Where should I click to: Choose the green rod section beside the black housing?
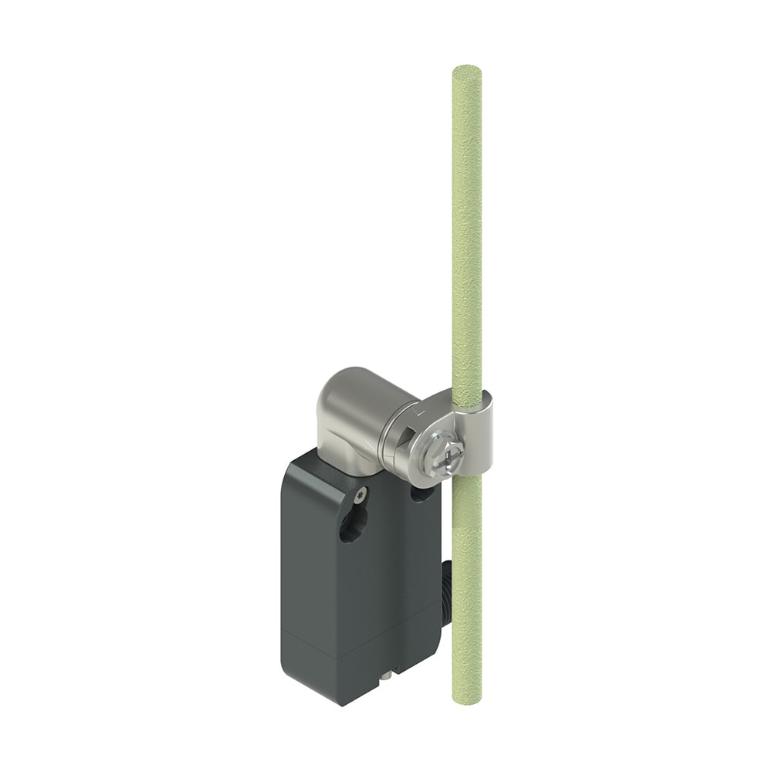click(466, 587)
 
